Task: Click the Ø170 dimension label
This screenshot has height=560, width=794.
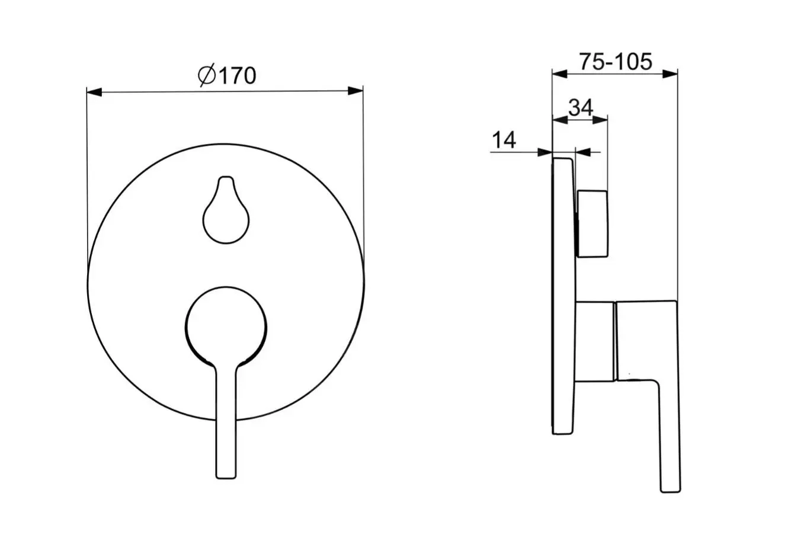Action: (x=227, y=75)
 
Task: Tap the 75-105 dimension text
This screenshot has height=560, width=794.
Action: (x=615, y=62)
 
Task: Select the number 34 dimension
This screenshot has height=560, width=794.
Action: (x=581, y=107)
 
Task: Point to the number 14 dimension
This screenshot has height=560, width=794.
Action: (x=504, y=140)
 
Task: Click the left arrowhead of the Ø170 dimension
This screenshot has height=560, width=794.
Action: (x=94, y=92)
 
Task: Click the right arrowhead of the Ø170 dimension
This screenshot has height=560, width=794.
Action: (x=355, y=91)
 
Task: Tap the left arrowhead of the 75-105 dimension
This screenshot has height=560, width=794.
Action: (x=560, y=74)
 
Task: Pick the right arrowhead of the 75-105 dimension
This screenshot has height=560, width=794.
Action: (x=670, y=74)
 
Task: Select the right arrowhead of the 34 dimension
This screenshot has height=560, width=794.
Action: (x=600, y=120)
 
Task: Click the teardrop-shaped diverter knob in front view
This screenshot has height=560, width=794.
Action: (x=226, y=210)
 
